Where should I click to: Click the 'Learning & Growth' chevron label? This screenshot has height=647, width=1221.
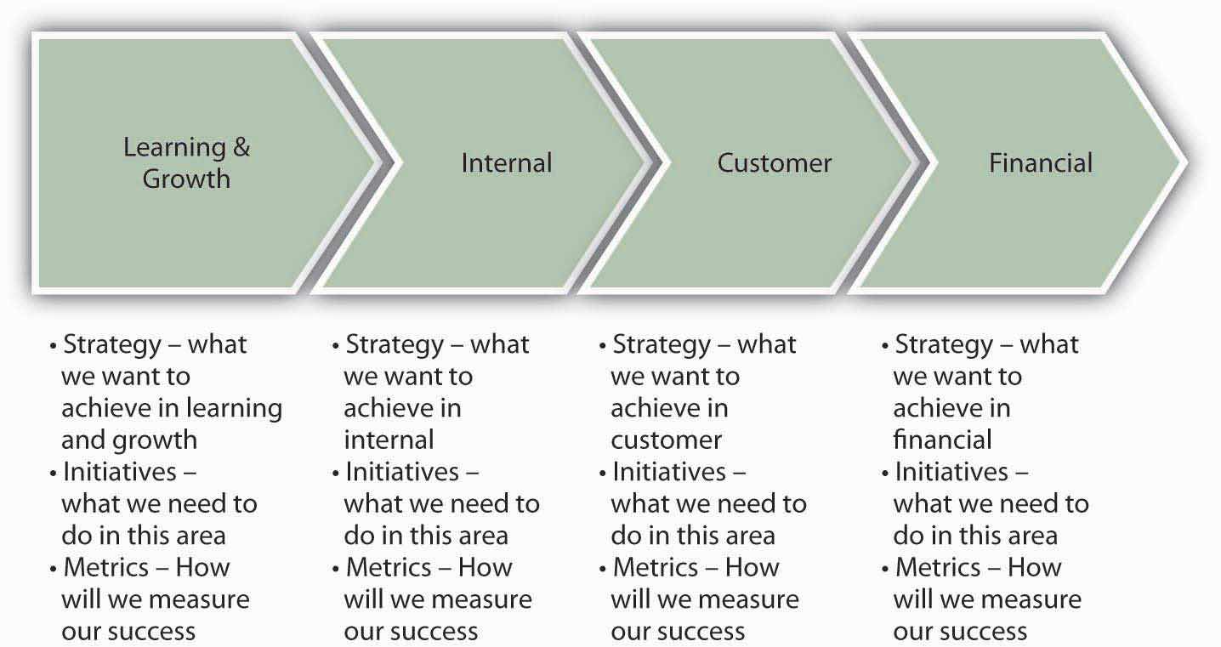click(x=186, y=163)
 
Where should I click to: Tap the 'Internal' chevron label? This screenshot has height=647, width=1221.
click(x=507, y=163)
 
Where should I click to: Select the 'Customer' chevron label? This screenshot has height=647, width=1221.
click(x=774, y=163)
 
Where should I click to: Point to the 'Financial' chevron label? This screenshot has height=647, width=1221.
click(x=1041, y=163)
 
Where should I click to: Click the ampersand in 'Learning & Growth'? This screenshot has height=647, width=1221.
click(x=241, y=147)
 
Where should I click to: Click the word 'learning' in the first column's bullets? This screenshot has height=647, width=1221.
click(x=235, y=409)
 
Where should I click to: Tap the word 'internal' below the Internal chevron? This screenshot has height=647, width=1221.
click(x=389, y=440)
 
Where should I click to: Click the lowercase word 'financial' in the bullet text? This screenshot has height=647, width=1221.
click(x=942, y=440)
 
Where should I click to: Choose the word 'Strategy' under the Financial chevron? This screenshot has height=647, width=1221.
click(x=944, y=345)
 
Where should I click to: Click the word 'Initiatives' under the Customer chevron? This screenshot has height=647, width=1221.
click(x=669, y=472)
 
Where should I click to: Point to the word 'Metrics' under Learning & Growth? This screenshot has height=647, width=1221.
click(x=105, y=567)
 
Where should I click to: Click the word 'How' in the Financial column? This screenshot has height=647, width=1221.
click(x=1035, y=567)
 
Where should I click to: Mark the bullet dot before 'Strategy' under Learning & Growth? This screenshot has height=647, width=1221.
click(x=53, y=346)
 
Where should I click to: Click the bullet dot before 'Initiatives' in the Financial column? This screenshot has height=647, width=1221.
click(x=884, y=474)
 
